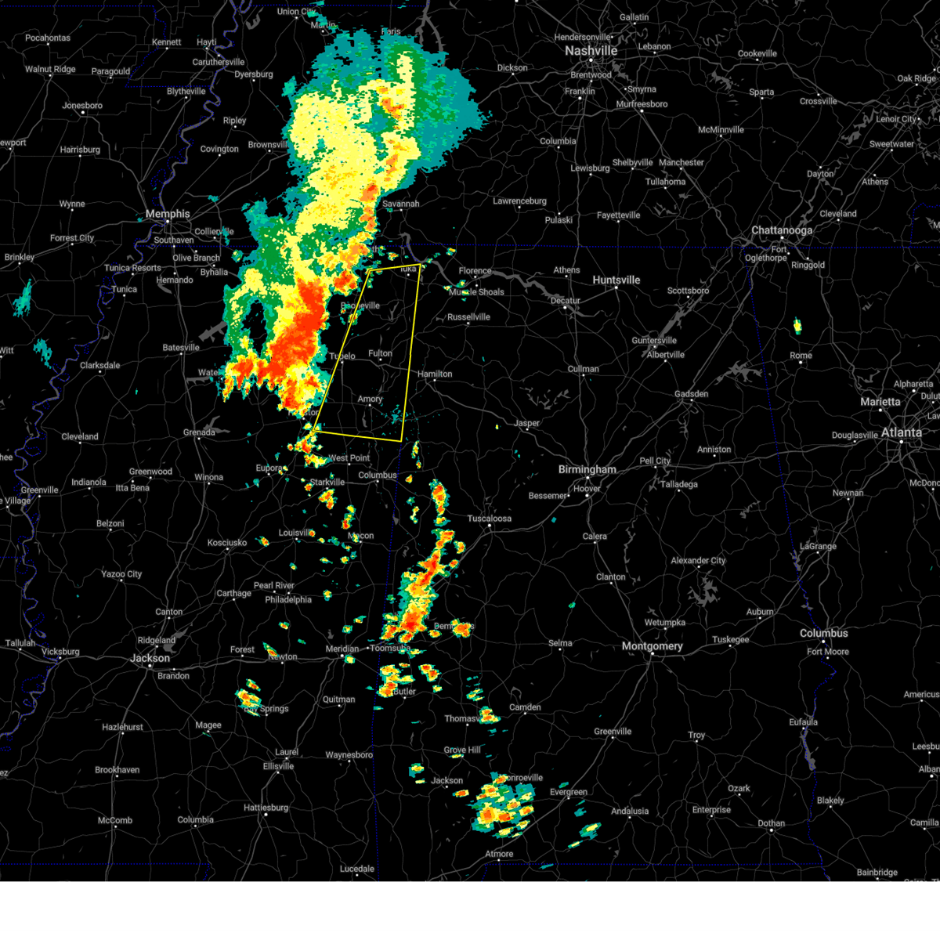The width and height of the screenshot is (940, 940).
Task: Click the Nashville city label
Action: (x=591, y=51)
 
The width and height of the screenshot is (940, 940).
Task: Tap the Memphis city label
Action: (x=168, y=214)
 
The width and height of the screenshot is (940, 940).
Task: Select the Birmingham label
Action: (x=587, y=470)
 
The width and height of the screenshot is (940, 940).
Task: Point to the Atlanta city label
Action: (x=901, y=432)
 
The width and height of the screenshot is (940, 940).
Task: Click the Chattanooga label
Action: (x=782, y=230)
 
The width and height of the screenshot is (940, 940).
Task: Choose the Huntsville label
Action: (x=616, y=280)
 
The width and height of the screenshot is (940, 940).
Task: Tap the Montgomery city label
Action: (x=652, y=646)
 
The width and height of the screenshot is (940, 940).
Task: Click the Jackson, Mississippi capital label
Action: (x=150, y=658)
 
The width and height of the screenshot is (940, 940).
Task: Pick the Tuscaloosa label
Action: (x=489, y=519)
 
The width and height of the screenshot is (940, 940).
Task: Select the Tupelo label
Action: (x=342, y=356)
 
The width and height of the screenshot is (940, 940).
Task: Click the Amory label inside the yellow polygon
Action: (x=370, y=399)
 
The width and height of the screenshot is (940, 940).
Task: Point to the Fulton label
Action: (x=381, y=353)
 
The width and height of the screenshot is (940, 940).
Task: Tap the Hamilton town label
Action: (x=435, y=374)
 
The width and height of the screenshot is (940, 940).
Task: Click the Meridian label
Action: (x=342, y=649)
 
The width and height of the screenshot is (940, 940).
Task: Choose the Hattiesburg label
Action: (x=266, y=808)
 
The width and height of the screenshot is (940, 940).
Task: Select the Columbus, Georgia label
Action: (x=823, y=633)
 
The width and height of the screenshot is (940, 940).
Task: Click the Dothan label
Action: (x=771, y=823)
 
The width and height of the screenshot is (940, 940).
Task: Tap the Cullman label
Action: (x=583, y=369)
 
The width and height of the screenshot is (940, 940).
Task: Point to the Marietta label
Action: (x=880, y=402)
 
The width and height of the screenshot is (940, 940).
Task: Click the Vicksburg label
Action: (x=60, y=652)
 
